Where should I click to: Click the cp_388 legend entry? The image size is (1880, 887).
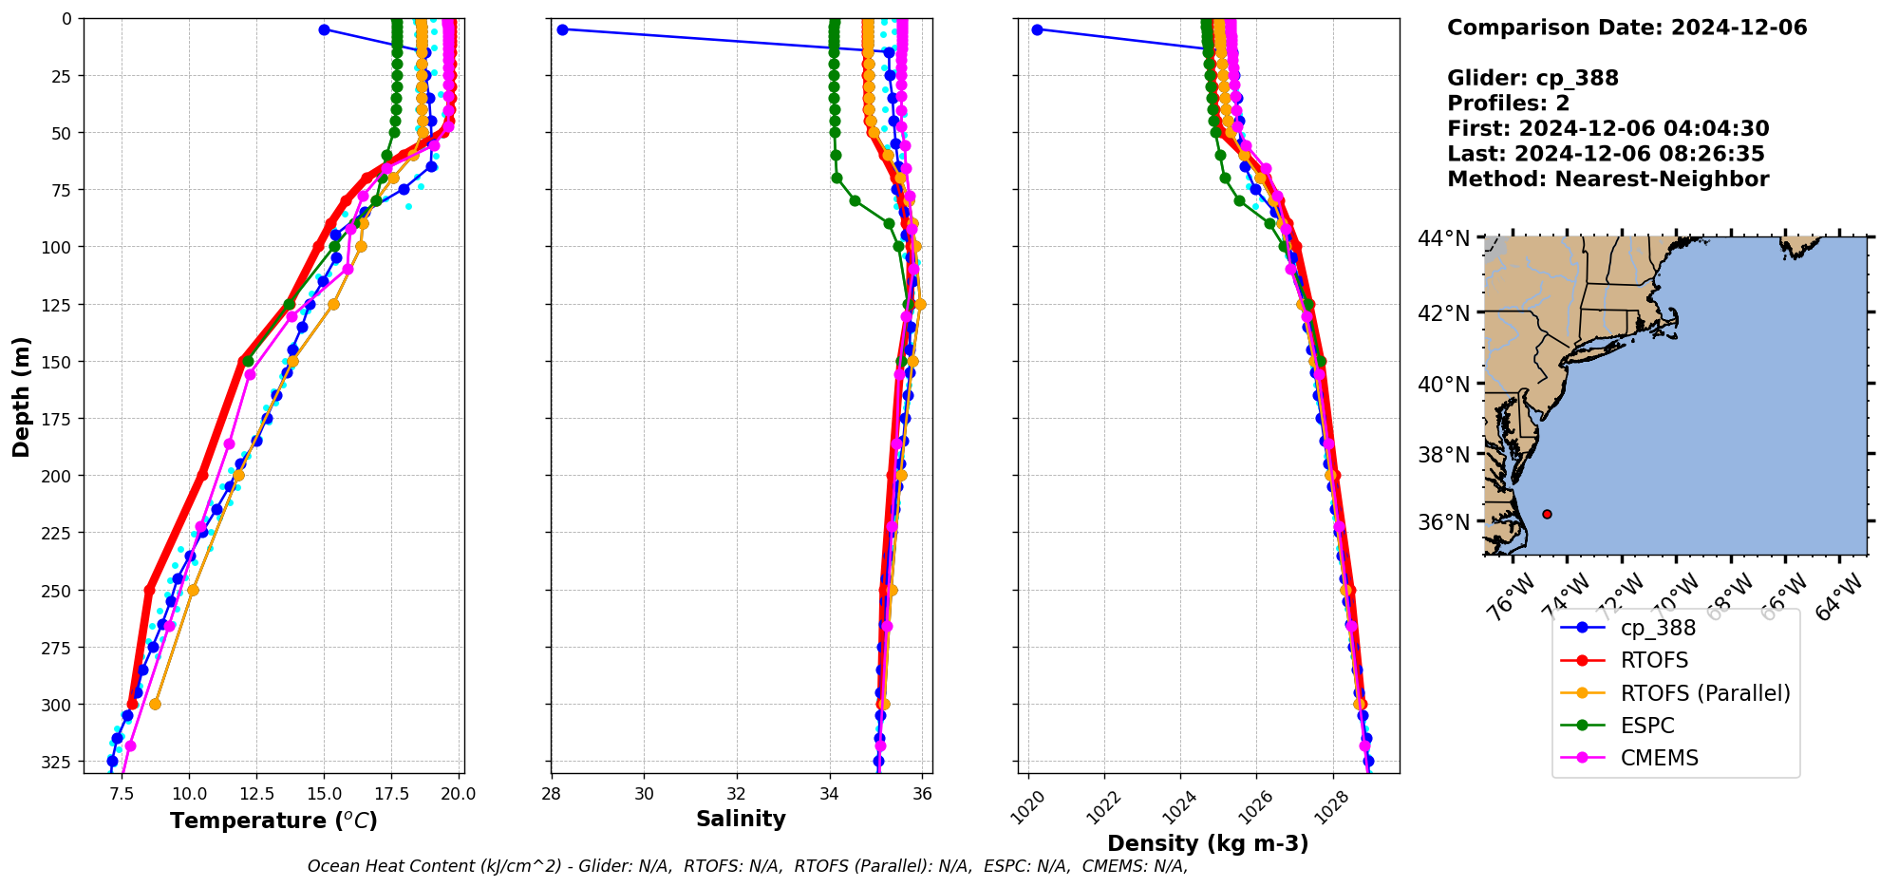point(1657,628)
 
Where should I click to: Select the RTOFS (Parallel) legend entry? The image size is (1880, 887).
point(1704,693)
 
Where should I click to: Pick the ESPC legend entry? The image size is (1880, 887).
point(1646,726)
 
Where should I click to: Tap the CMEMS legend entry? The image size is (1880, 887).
point(1659,758)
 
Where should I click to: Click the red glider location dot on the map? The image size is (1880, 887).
point(1547,514)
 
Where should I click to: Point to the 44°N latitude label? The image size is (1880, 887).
point(1444,238)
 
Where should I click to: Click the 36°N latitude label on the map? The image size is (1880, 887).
point(1444,522)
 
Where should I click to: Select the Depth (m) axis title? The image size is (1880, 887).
point(21,396)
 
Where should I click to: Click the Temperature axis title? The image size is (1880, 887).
point(273,821)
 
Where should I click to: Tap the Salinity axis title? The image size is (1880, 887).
point(741,819)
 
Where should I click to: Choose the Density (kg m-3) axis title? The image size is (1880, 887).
point(1208,843)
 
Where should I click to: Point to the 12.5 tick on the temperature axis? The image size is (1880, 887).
point(256,793)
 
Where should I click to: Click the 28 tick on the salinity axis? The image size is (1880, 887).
point(552,793)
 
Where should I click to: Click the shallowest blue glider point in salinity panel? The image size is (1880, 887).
point(562,29)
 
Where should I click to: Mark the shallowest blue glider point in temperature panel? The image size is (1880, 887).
point(324,29)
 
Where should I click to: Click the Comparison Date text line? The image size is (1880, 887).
point(1626,28)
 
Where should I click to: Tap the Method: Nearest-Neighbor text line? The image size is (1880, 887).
point(1607,179)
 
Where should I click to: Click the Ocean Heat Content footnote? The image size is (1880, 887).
point(747,866)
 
